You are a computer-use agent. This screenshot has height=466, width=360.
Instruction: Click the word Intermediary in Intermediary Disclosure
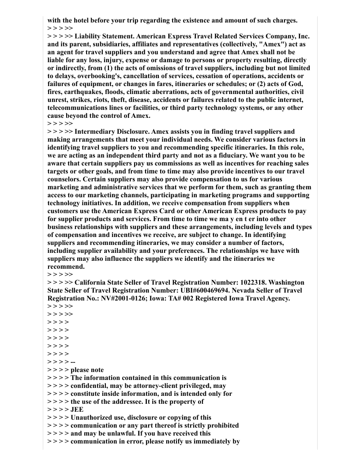click(x=95, y=131)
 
